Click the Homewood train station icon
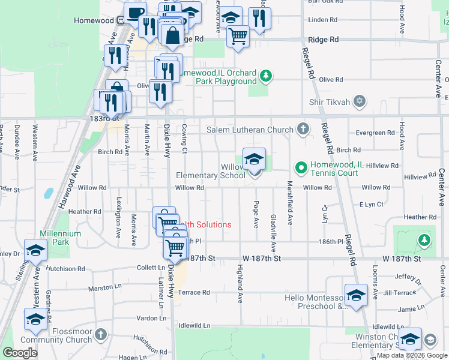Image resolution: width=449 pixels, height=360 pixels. pos(121,20)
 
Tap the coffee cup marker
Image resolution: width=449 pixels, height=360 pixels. pos(135,13)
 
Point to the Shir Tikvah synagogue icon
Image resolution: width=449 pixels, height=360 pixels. pos(360,101)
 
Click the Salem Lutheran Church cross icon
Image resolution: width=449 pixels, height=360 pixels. pos(304,129)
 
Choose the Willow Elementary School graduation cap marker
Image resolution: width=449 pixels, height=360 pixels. pos(254,160)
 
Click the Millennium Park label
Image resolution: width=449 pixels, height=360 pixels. pos(60,238)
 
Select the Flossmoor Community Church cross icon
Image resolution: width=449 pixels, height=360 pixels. pos(101,334)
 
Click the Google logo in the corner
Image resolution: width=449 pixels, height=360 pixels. pos(20,352)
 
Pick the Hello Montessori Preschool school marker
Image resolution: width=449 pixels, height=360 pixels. pos(356,295)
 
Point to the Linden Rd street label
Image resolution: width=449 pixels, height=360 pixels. pos(318,20)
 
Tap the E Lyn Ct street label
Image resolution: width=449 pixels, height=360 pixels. pos(371,205)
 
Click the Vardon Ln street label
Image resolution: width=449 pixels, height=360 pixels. pos(147,318)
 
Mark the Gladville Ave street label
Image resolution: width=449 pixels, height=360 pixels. pos(273,233)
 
